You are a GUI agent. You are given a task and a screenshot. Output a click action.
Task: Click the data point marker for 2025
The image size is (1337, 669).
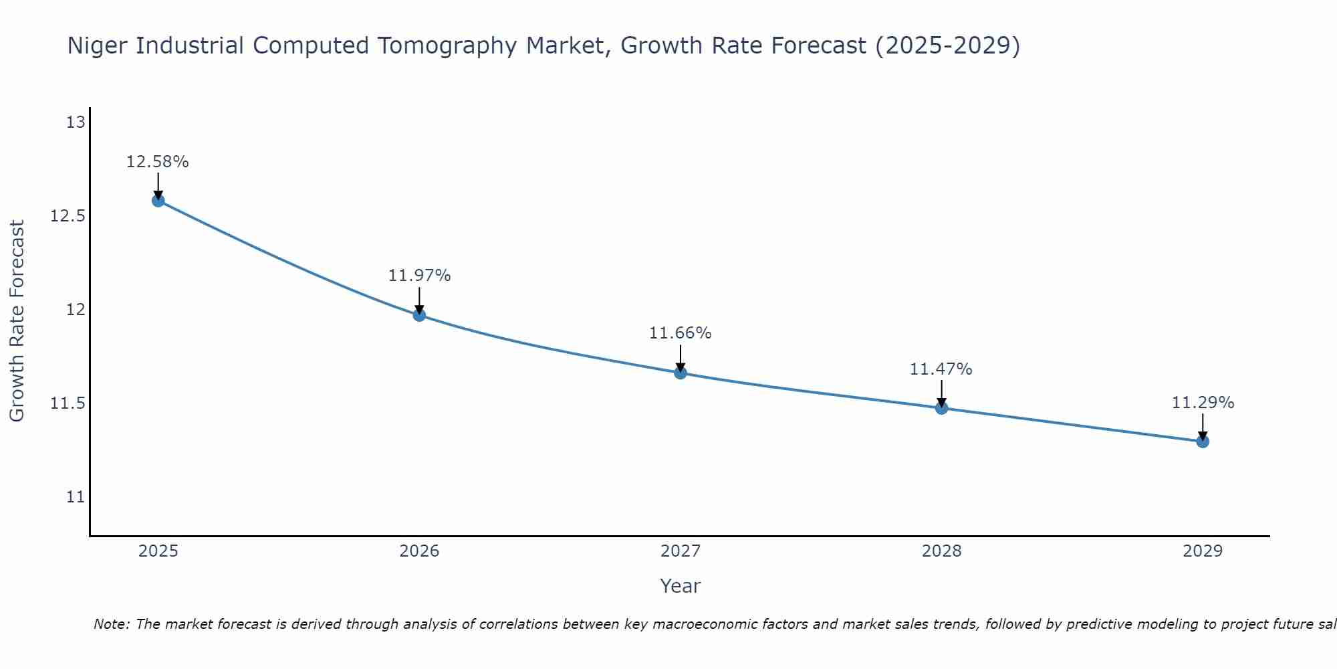(x=158, y=200)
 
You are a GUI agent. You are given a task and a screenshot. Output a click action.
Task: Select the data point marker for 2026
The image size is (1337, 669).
(x=419, y=314)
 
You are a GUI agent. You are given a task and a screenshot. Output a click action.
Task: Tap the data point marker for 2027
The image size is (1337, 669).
(x=681, y=373)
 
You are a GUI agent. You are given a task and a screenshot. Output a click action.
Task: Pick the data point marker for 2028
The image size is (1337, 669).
(x=941, y=407)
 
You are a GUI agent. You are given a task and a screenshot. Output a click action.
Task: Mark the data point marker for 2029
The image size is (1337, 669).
(x=1203, y=441)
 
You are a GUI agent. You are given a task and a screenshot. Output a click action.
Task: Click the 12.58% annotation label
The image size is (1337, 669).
(x=158, y=162)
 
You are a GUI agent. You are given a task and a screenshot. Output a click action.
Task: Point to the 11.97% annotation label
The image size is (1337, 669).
(x=419, y=276)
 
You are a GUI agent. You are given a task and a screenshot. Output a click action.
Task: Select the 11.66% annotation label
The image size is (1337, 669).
(x=681, y=333)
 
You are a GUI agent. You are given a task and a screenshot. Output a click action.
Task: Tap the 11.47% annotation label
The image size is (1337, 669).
(x=941, y=369)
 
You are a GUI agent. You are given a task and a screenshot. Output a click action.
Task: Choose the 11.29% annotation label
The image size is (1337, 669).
(x=1203, y=403)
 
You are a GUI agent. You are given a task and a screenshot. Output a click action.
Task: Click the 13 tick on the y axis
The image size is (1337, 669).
(x=76, y=122)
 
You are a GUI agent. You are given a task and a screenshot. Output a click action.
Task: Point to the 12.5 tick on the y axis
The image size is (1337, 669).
(x=68, y=216)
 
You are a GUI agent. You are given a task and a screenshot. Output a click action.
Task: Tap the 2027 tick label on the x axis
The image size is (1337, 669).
(x=681, y=551)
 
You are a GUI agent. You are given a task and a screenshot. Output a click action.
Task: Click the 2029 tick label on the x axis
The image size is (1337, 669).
(x=1203, y=551)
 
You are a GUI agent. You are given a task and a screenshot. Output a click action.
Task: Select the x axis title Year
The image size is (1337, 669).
(x=681, y=586)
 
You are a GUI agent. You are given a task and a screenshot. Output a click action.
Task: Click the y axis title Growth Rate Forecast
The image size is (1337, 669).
(x=17, y=321)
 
